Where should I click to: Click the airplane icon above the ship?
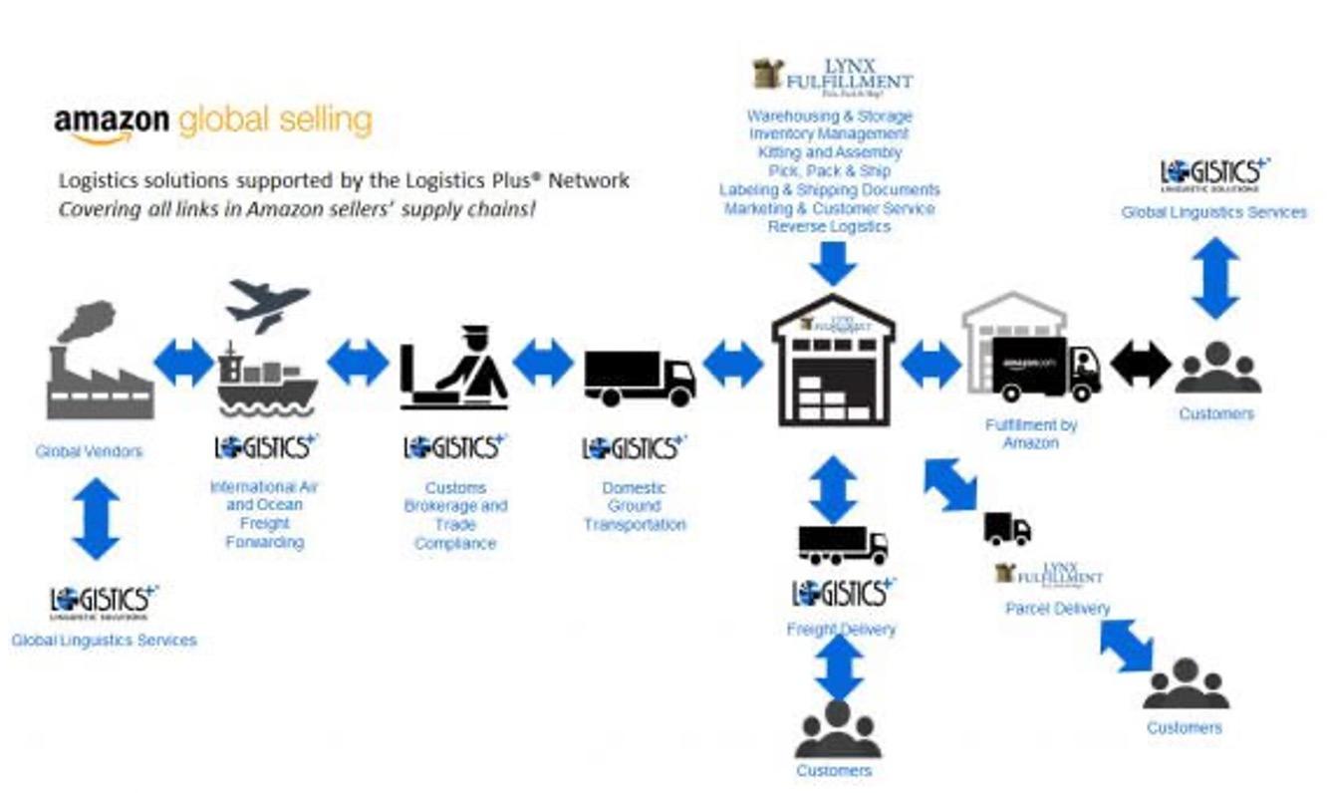[x=266, y=304]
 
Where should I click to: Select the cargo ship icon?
[x=266, y=382]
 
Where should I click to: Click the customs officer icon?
[x=454, y=369]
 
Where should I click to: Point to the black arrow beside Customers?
[x=1140, y=365]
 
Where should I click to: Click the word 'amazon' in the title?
[x=111, y=123]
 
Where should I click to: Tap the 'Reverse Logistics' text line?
[x=829, y=227]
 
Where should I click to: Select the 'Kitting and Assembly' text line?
[x=829, y=152]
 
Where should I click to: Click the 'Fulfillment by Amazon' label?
[x=1031, y=433]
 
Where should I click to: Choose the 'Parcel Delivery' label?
[x=1056, y=609]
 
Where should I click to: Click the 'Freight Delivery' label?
[x=841, y=630]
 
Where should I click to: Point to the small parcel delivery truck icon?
[x=1007, y=529]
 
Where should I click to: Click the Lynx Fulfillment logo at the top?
[x=832, y=76]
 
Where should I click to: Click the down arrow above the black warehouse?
[x=833, y=263]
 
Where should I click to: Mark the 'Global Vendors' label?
[x=89, y=451]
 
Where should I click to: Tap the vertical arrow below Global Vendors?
[x=96, y=518]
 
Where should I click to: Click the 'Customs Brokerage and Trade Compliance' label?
[x=455, y=515]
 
